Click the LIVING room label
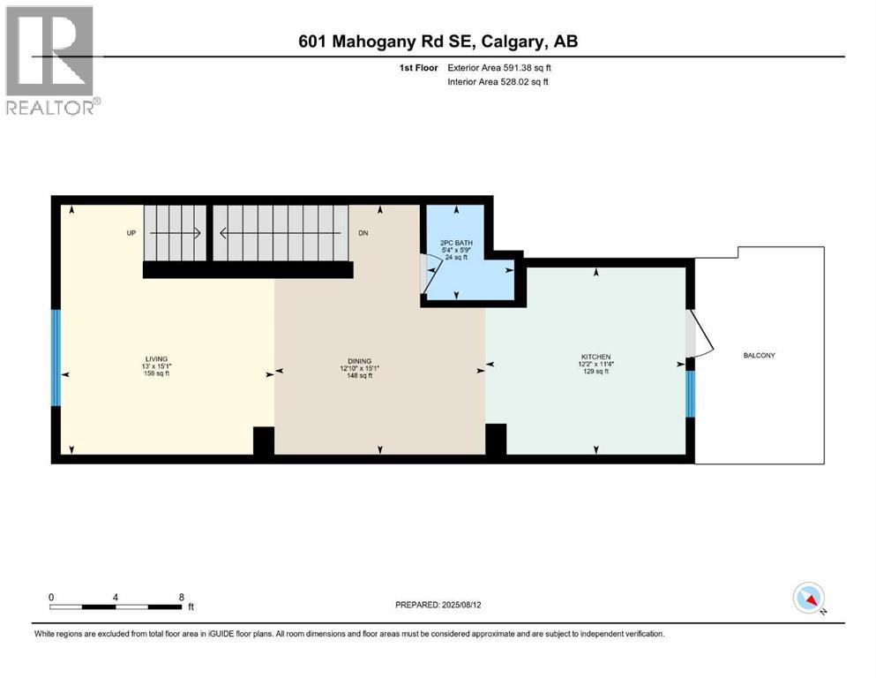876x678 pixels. tap(156, 358)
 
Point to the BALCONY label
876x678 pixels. tap(759, 355)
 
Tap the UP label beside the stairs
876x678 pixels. tap(131, 233)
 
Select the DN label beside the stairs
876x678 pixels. tap(362, 233)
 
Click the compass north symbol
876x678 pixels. tap(809, 598)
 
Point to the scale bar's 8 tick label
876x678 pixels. tap(181, 596)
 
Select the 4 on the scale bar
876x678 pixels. tap(116, 596)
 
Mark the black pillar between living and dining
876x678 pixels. tap(264, 441)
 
